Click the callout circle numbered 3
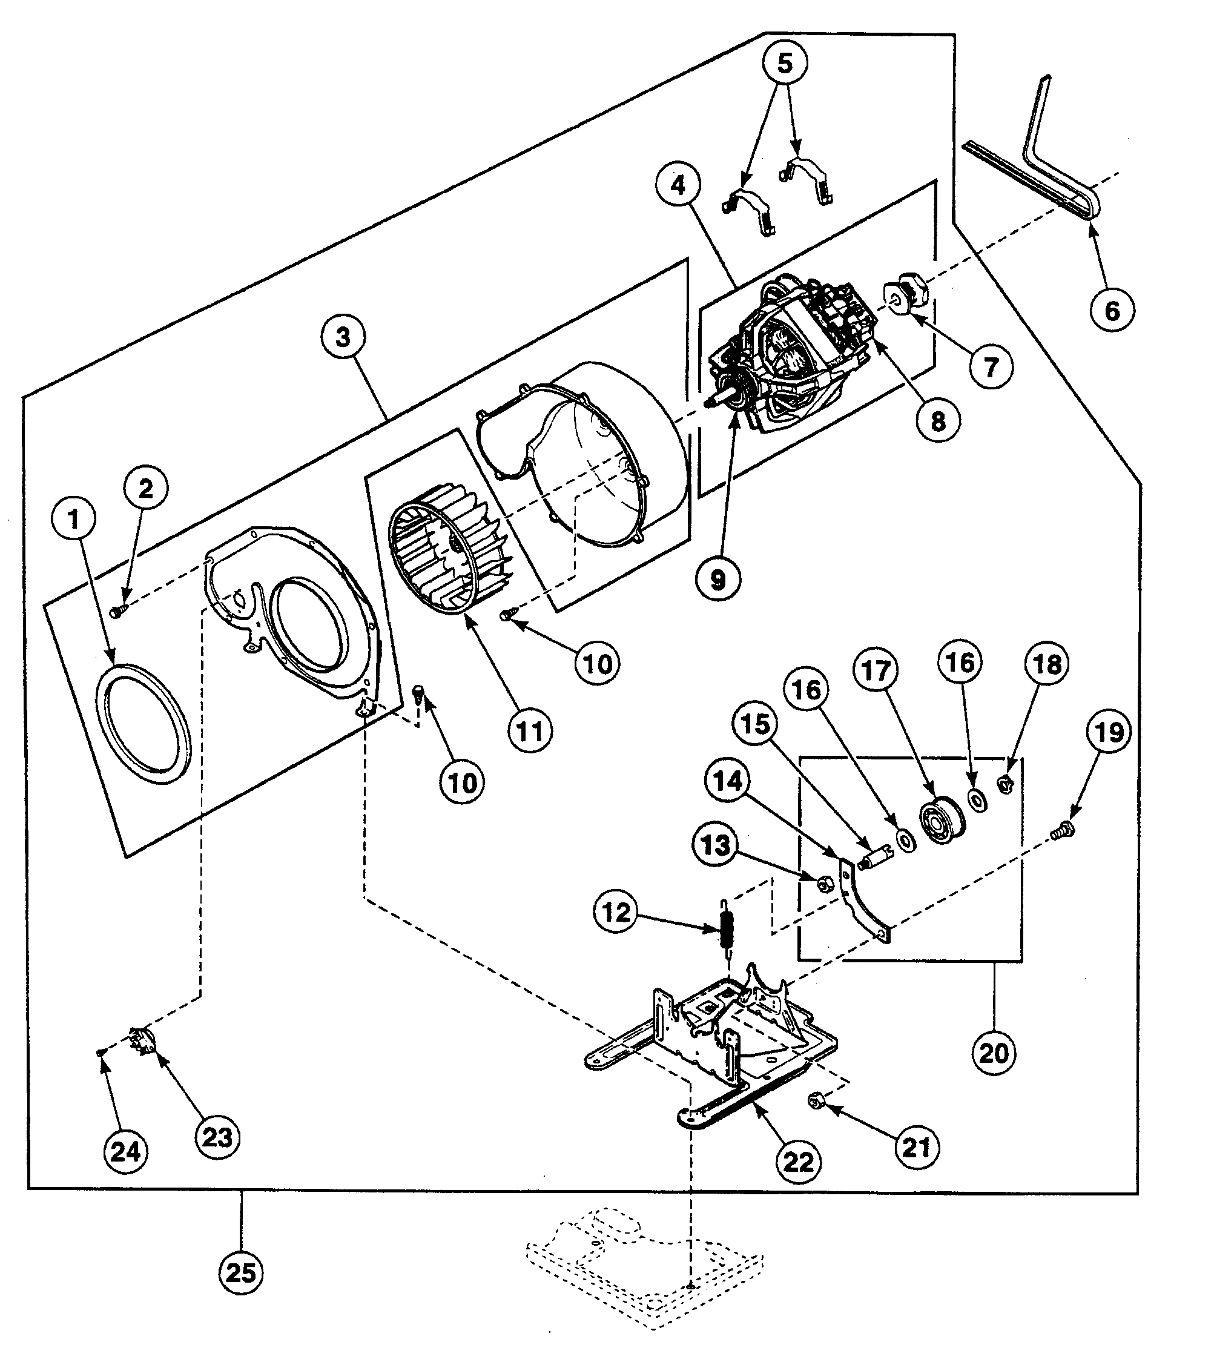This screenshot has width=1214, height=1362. click(x=343, y=337)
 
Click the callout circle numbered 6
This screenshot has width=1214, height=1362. click(x=1112, y=310)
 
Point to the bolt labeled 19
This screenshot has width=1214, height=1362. click(x=1061, y=831)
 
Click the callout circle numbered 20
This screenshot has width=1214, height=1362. click(x=994, y=1053)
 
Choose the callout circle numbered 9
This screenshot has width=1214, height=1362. click(x=718, y=580)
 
